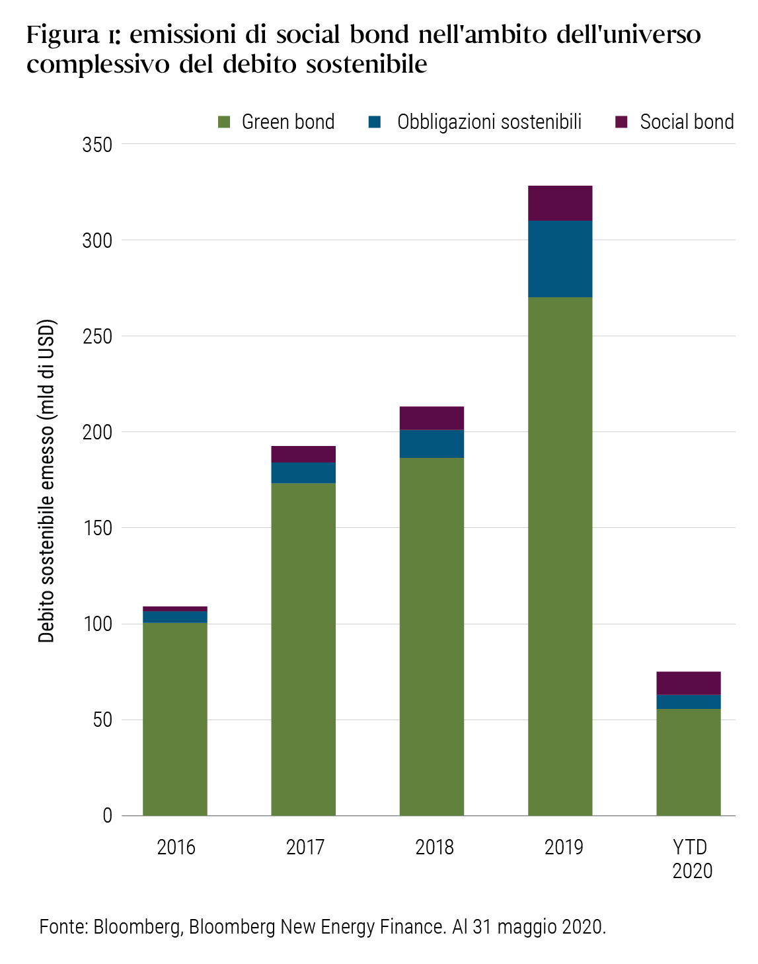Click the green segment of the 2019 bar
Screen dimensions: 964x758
560,555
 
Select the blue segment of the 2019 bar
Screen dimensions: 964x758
560,258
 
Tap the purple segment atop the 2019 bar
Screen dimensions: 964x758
560,203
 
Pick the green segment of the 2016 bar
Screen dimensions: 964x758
174,719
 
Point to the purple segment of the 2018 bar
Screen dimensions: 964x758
432,418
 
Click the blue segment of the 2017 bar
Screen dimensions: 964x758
303,472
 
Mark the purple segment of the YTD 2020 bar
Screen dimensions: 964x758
688,683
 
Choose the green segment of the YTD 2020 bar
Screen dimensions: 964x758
688,762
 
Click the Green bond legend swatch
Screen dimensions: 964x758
224,122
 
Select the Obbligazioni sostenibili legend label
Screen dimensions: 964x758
489,122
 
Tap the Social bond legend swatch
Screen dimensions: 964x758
621,122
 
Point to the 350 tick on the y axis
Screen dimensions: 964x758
97,145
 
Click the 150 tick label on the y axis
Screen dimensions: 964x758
97,528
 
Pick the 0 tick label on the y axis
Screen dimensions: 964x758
107,816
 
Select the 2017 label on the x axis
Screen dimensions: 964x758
305,847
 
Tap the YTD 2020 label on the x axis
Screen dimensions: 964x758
692,858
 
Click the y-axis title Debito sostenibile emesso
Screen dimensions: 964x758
46,481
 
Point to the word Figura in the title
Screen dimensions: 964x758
62,35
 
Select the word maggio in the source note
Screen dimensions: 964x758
527,927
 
